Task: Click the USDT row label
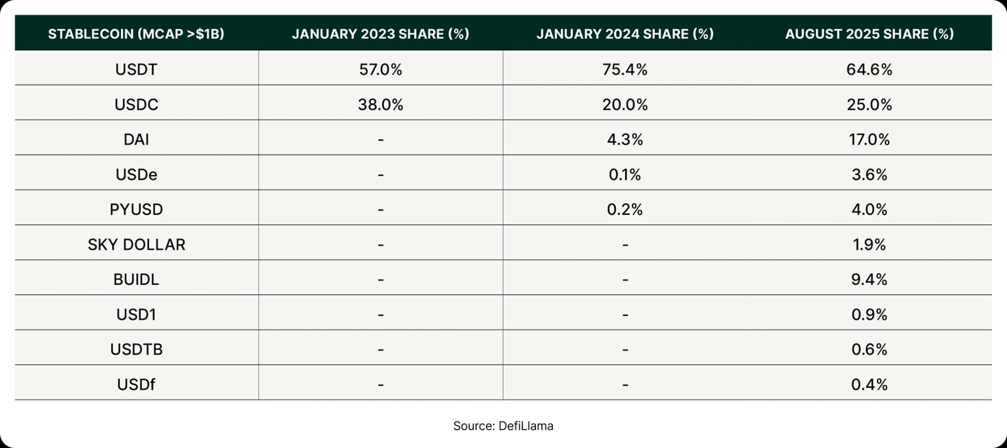click(136, 69)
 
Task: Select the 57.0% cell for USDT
click(380, 69)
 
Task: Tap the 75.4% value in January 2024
click(625, 69)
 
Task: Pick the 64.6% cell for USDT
click(869, 69)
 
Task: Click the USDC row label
click(136, 104)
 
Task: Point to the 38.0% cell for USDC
click(380, 104)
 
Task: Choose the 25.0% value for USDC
click(869, 104)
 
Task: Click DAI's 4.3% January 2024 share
click(625, 140)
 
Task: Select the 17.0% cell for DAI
click(869, 140)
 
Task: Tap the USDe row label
click(136, 174)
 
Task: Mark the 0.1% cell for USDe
click(625, 174)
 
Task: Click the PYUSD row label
click(136, 209)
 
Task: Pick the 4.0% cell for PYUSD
click(869, 209)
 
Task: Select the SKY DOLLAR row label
click(136, 244)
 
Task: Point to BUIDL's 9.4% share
click(869, 279)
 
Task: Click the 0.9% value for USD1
click(869, 314)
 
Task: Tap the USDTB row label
click(136, 349)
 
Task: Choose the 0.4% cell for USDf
click(869, 385)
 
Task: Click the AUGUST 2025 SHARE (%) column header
click(869, 34)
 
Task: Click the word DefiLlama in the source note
click(526, 426)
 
